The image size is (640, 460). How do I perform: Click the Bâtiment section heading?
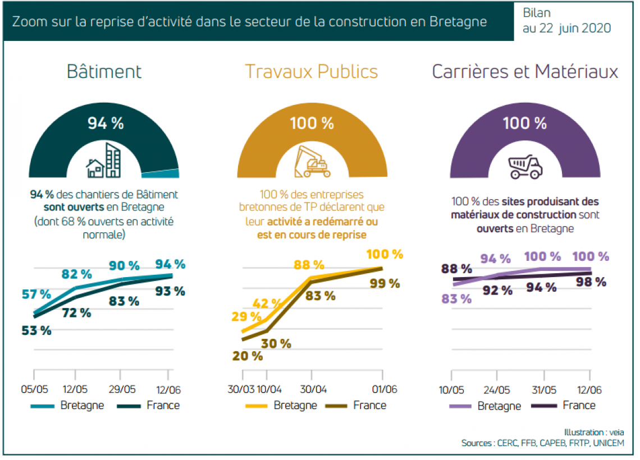tap(104, 72)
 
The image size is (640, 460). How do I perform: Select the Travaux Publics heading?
tap(311, 72)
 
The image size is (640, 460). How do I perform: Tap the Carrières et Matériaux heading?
tap(525, 72)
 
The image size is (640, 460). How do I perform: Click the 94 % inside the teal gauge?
tap(106, 123)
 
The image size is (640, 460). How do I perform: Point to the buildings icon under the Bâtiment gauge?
tap(103, 160)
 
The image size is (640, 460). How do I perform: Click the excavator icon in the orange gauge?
tap(312, 162)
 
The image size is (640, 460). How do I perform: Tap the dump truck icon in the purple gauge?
tap(524, 166)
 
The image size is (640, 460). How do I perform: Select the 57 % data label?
tap(36, 294)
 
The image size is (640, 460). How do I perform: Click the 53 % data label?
tap(36, 330)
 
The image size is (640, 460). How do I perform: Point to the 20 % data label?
tap(248, 355)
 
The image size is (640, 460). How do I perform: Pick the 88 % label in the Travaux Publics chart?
tap(309, 264)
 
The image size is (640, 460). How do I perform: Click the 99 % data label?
tap(385, 283)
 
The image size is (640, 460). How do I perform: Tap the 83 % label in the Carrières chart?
tap(457, 299)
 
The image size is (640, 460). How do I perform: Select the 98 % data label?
tap(592, 282)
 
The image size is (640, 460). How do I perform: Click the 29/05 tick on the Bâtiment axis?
tap(122, 389)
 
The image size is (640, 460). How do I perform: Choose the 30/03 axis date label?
tap(243, 389)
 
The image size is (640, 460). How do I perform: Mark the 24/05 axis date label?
tap(496, 389)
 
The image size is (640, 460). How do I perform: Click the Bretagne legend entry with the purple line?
tap(485, 406)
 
